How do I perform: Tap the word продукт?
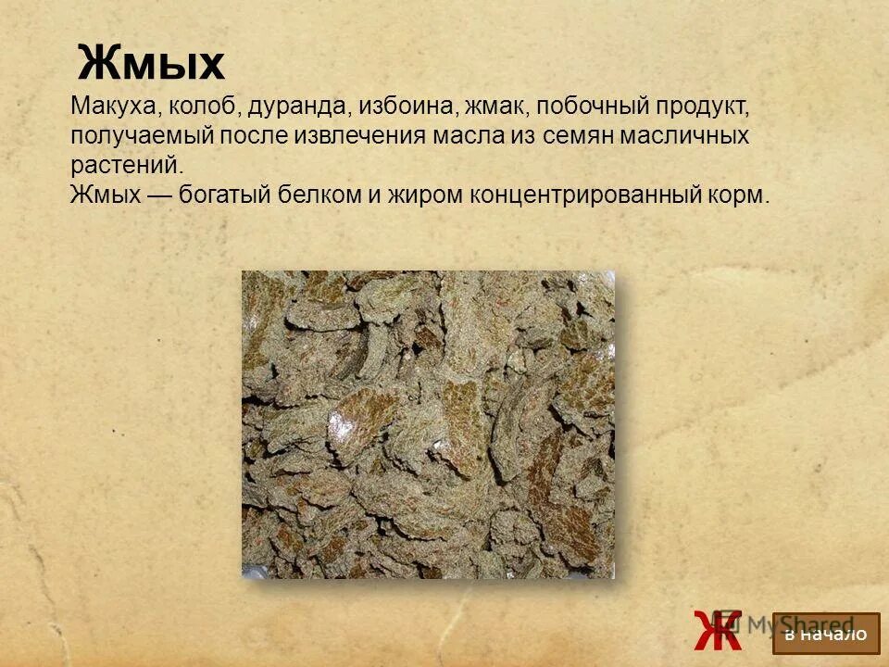701,107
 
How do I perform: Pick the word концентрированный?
582,195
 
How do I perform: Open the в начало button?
825,634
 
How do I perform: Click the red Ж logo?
717,630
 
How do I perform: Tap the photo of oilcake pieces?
428,424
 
